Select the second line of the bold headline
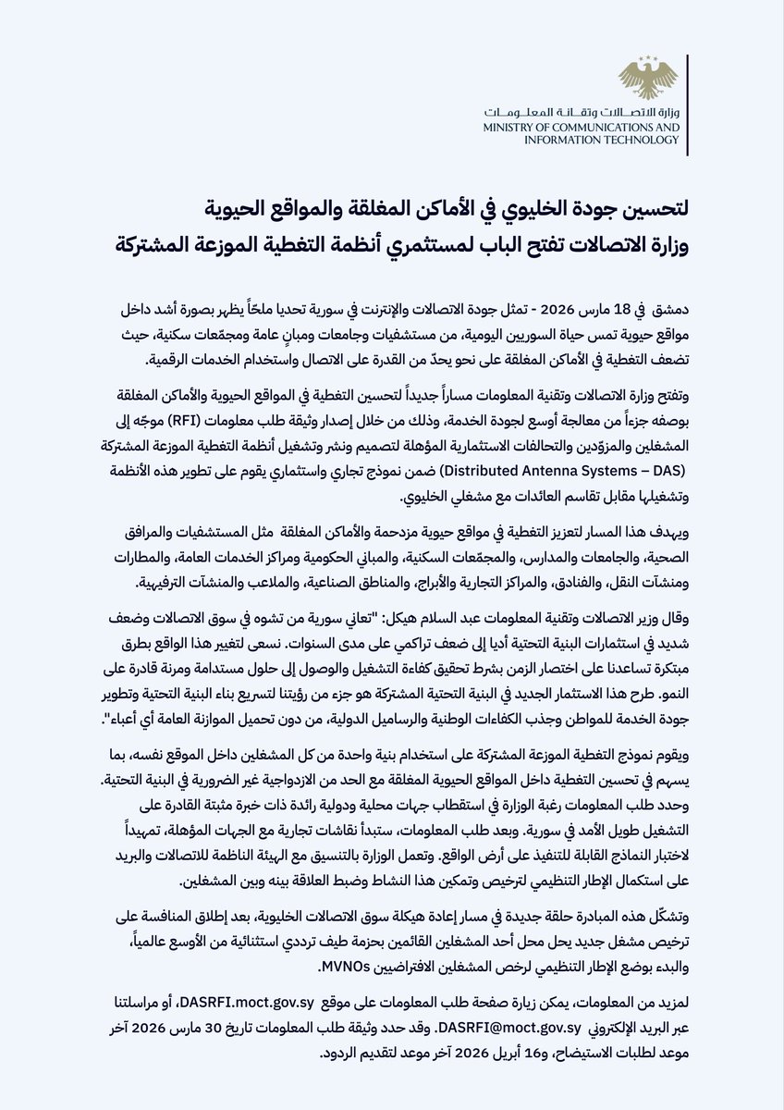(424, 247)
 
